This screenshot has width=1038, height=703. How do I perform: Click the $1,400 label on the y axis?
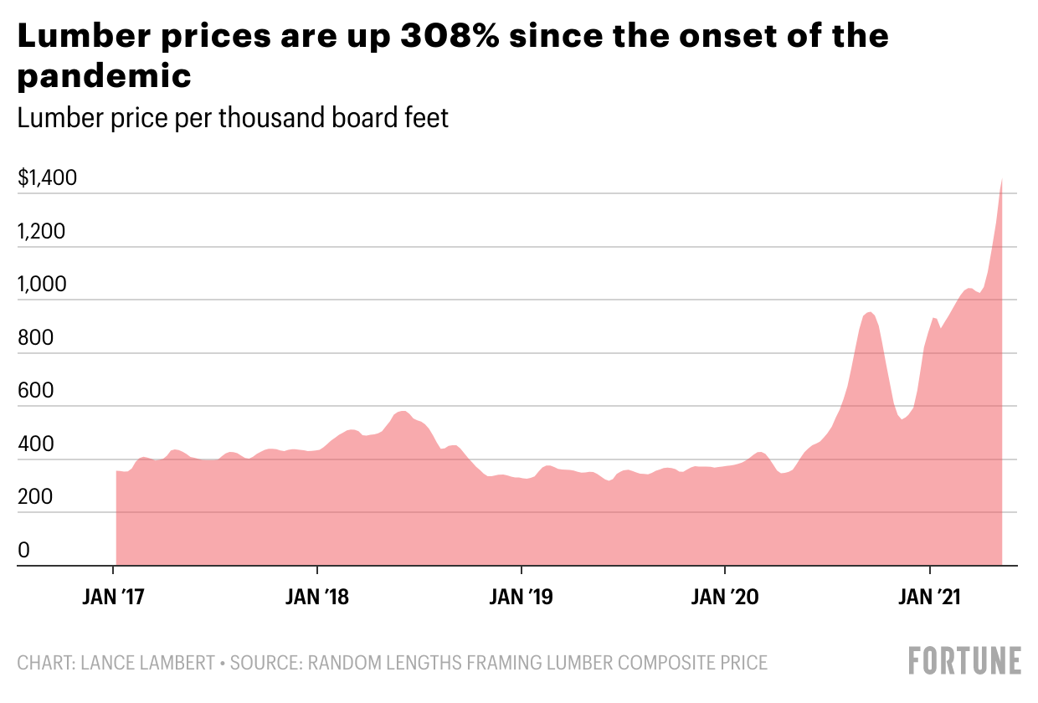47,178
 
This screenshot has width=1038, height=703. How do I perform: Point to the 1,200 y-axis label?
41,232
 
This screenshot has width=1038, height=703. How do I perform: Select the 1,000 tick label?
41,285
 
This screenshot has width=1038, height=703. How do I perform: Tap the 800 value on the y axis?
35,338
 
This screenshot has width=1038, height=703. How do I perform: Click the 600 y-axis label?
35,391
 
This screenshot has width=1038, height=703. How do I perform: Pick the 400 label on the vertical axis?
35,444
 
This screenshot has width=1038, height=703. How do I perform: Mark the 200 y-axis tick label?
35,497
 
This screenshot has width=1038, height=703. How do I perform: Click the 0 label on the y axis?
24,550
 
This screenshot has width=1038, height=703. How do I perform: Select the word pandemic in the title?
105,76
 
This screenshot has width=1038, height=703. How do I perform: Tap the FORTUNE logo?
964,660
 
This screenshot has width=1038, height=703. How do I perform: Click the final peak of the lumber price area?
1002,179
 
